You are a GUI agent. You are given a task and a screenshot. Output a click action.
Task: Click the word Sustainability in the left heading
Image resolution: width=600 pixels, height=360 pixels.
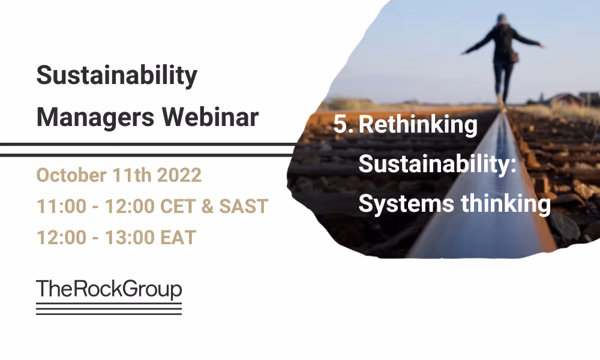pos(116,76)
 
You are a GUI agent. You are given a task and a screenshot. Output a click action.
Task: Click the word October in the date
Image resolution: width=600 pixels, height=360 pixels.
pos(71,175)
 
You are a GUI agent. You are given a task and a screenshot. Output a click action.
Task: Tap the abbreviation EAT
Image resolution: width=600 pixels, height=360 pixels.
pos(176,238)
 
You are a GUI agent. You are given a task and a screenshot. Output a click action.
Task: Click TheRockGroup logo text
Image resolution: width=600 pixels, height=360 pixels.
pos(109,289)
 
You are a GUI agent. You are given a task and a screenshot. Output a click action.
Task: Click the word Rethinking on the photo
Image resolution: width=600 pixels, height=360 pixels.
pos(418,125)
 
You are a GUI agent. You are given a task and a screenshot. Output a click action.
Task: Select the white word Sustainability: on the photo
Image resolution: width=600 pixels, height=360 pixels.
pos(437,164)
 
